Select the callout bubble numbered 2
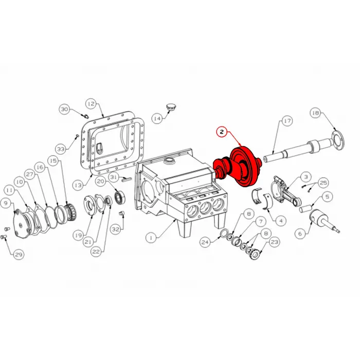[221, 132]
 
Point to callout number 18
[315, 113]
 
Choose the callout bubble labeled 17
[286, 121]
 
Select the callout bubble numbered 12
[91, 103]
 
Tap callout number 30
[64, 109]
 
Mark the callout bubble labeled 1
[151, 238]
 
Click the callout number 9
[6, 203]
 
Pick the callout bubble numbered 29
[19, 255]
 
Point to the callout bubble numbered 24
[205, 241]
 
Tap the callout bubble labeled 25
[323, 183]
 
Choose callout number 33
[61, 149]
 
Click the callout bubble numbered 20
[100, 181]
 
